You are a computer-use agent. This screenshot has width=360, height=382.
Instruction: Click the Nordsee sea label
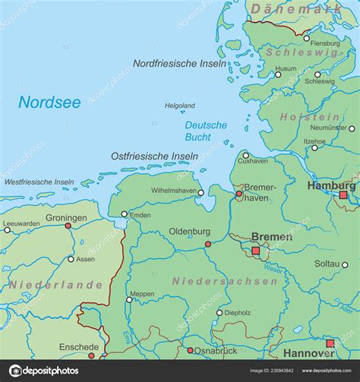point(49,103)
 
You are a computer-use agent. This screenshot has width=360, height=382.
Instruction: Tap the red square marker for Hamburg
point(343,195)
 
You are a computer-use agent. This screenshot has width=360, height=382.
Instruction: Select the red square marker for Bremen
point(256,250)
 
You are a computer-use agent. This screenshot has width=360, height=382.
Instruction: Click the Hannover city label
point(308,353)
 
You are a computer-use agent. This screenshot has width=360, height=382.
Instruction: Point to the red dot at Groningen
point(68,226)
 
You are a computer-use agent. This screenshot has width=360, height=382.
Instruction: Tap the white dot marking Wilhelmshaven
point(201,193)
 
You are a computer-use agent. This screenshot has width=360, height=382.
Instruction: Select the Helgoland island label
point(180,106)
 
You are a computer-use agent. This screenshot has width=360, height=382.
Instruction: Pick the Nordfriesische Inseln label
point(179,64)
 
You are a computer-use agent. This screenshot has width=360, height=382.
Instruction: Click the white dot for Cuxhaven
point(245,155)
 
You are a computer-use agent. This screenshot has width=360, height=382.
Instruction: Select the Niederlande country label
point(55,284)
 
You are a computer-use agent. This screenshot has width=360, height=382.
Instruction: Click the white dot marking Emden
point(125,215)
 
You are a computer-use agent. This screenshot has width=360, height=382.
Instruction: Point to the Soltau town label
point(327,263)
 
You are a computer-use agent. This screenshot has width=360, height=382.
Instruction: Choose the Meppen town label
point(142,294)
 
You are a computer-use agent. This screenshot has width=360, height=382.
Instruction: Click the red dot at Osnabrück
point(190,350)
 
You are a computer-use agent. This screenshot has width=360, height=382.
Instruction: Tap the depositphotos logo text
point(47,371)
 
